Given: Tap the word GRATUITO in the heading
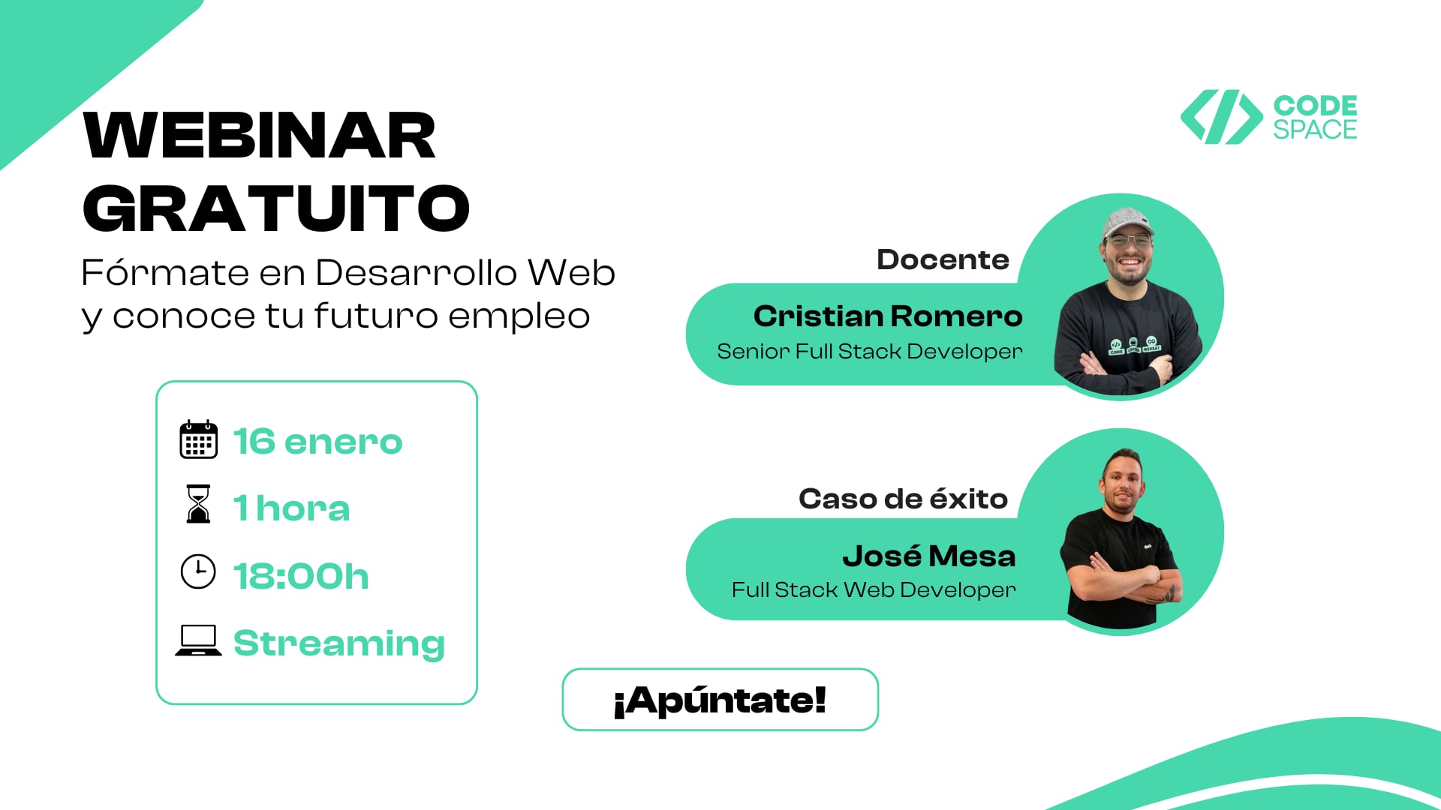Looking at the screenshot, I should click(275, 208).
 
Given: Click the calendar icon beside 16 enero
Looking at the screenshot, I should click(198, 439).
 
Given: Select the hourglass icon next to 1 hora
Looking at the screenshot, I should click(198, 504).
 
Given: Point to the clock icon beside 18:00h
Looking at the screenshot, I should click(198, 571).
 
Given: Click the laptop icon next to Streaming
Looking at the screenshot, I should click(198, 640).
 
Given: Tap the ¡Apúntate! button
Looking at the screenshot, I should click(720, 700).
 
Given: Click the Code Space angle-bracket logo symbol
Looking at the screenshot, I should click(1221, 117).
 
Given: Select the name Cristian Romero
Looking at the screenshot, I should click(887, 316).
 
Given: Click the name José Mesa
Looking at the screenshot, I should click(928, 556).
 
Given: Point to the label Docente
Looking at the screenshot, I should click(943, 259).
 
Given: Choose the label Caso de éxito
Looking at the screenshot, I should click(903, 499).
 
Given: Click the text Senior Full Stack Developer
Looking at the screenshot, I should click(869, 352).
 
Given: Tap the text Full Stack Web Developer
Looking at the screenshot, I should click(874, 590).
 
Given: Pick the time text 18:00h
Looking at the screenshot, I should click(301, 576).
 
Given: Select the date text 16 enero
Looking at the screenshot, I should click(317, 441).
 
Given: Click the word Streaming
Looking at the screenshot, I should click(339, 643).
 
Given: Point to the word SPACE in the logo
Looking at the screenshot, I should click(1315, 130).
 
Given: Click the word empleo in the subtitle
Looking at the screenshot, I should click(519, 316).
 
